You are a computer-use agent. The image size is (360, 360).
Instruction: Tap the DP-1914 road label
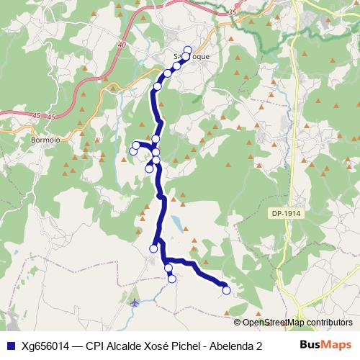point(287,214)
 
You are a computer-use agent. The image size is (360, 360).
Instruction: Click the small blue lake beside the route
point(176,221)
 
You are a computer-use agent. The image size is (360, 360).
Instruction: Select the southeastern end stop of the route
point(226,290)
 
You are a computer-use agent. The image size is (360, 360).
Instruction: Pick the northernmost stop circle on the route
point(188,50)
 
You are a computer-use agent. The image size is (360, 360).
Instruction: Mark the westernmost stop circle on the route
point(132,150)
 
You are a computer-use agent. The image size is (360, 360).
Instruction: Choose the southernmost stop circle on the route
point(226,290)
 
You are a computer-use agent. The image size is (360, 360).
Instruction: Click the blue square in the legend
point(10,346)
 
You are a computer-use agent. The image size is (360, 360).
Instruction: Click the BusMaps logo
point(325,345)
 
